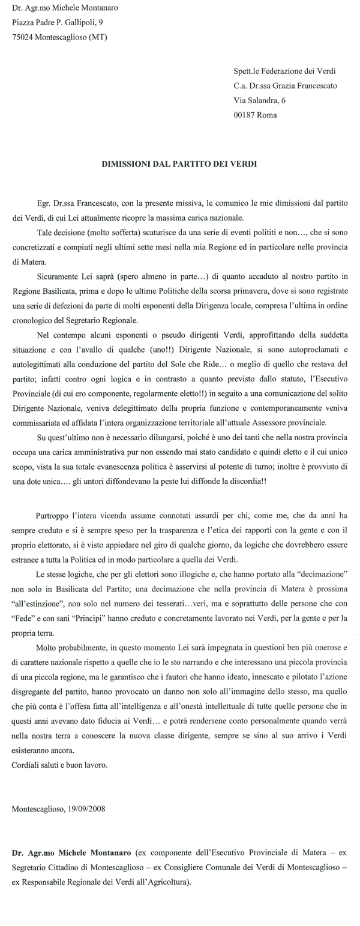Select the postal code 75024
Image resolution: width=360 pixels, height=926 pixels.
(x=24, y=37)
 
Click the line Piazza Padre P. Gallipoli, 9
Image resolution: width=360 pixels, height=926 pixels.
(x=62, y=23)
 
